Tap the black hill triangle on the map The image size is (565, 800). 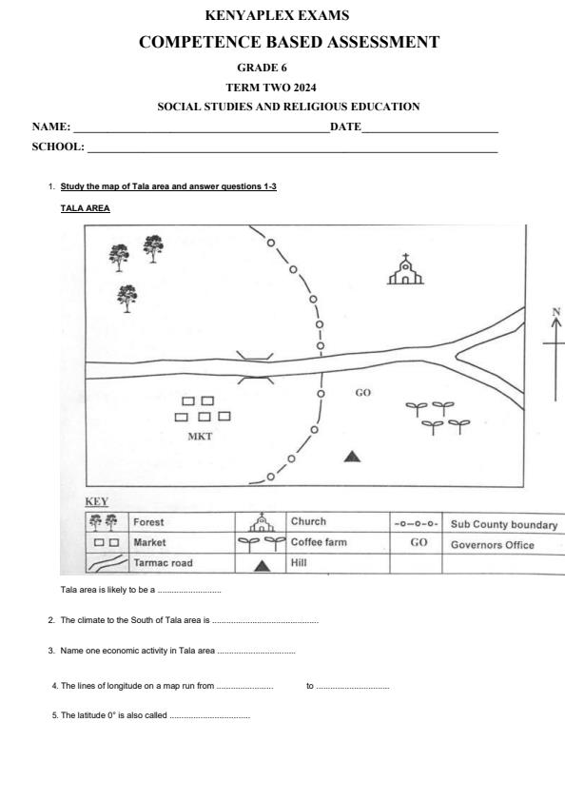353,456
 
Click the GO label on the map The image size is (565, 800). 362,392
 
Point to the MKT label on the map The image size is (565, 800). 200,437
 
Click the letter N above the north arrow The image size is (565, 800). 555,311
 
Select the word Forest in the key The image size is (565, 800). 148,522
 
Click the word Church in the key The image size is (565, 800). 308,521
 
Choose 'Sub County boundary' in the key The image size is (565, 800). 504,524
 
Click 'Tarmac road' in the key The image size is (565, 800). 163,563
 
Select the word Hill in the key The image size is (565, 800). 301,563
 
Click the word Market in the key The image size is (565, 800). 150,542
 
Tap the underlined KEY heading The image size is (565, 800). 97,501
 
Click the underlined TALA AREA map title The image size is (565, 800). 85,207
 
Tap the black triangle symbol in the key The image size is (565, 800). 263,565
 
